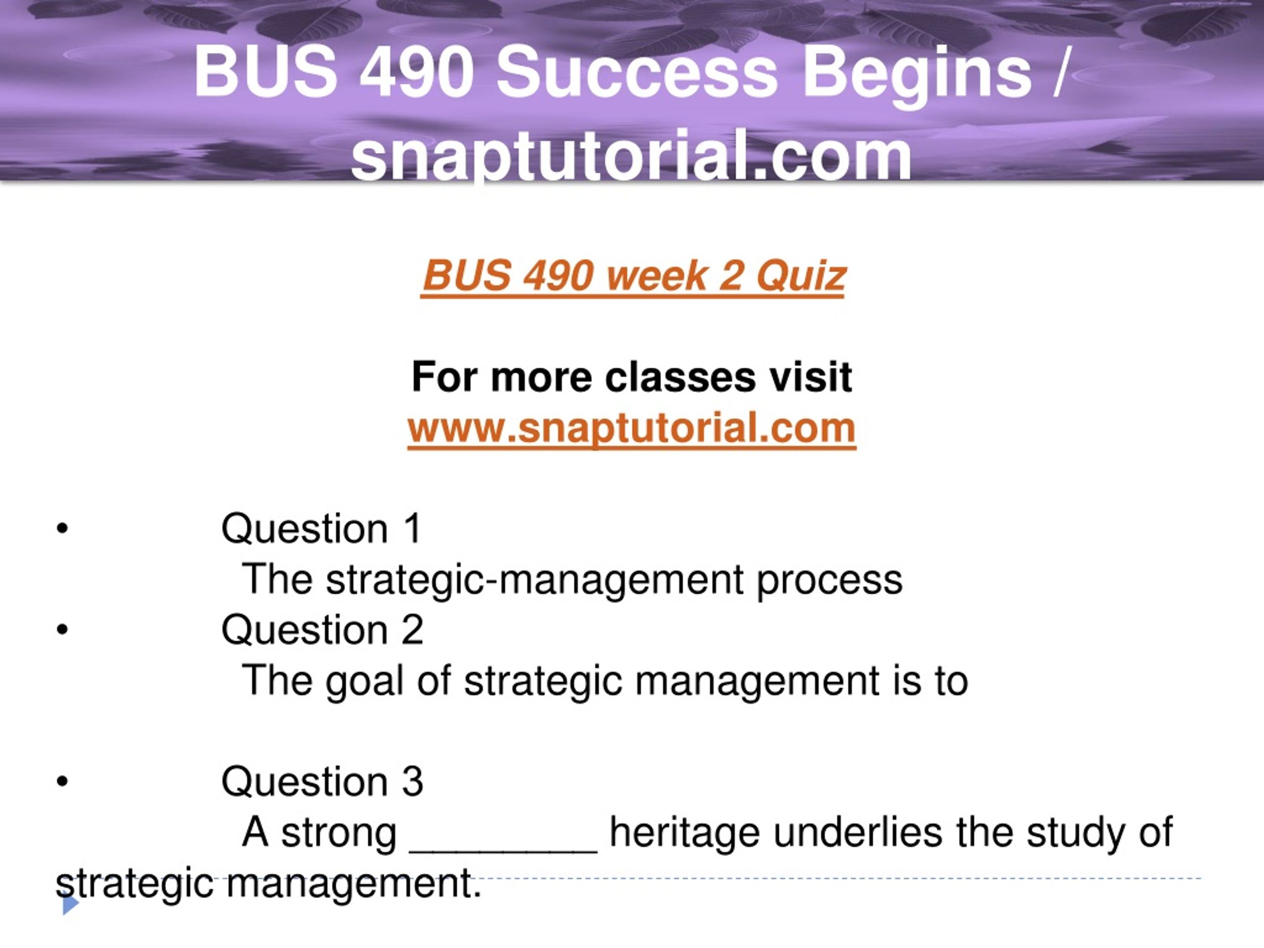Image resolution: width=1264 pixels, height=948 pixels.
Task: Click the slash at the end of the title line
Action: [1059, 73]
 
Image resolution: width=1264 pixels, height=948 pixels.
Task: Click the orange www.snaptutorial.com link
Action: [632, 429]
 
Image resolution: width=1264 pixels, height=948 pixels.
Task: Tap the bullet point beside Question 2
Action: [62, 630]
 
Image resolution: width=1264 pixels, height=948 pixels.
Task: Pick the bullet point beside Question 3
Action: [62, 782]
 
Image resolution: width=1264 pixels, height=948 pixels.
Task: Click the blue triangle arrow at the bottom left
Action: [70, 905]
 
